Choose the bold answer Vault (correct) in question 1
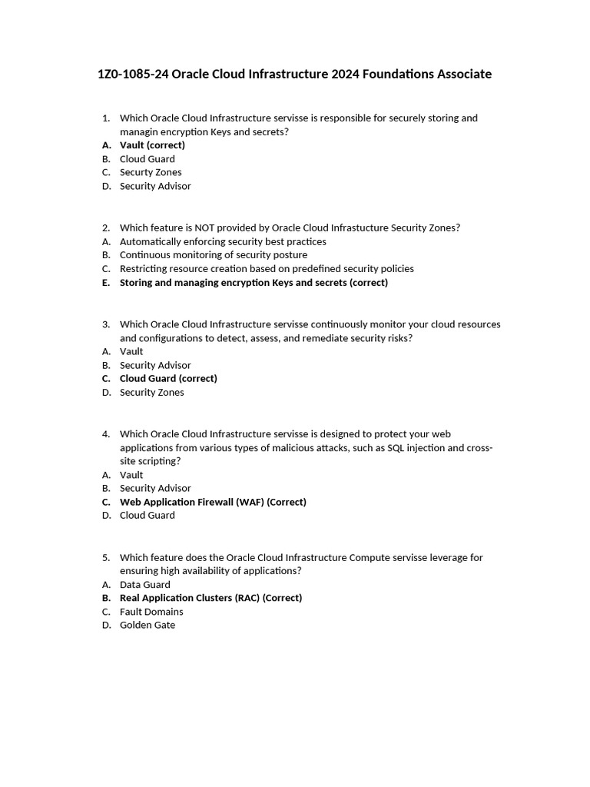[152, 145]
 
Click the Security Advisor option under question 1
[155, 186]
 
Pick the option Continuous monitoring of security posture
[214, 255]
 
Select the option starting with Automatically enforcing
[223, 241]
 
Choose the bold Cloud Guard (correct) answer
[168, 379]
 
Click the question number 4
[105, 434]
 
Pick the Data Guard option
[145, 585]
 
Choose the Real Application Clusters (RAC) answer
[210, 598]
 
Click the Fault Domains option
[151, 612]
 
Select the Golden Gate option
[147, 626]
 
